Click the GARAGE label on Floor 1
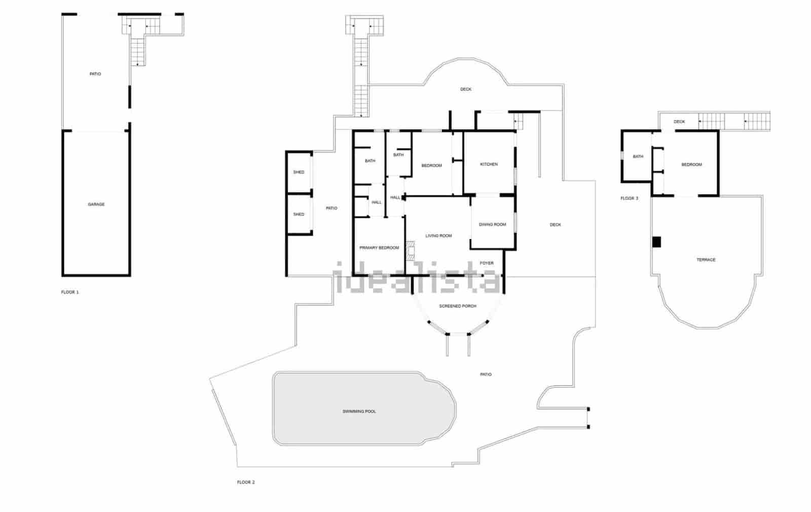coord(96,205)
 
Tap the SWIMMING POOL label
coord(359,411)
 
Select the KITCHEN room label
coord(489,165)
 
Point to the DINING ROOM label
coord(493,224)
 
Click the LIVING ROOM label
coord(439,236)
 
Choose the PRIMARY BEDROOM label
coord(379,248)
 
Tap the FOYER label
coord(487,263)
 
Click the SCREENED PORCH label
coord(458,306)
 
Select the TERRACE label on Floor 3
coord(706,260)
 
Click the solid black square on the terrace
coord(657,242)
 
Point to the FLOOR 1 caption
coord(70,292)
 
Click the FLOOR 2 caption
coord(246,482)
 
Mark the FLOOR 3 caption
coord(630,199)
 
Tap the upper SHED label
coord(299,172)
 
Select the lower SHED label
coord(299,214)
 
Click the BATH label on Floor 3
coord(638,156)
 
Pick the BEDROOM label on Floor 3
coord(692,165)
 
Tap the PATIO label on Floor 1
coord(95,74)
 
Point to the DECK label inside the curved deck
coord(466,89)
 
